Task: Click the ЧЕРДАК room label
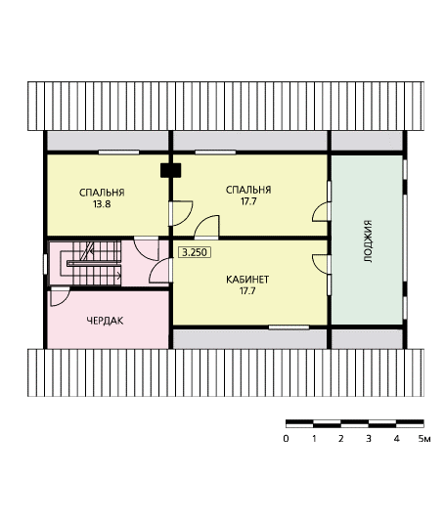tap(105, 321)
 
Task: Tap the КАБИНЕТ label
tap(247, 280)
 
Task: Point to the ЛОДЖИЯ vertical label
tap(368, 241)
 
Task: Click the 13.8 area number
tap(102, 204)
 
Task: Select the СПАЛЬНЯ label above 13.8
tap(102, 193)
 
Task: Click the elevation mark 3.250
tap(196, 252)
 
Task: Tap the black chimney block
tap(170, 170)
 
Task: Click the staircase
tap(85, 263)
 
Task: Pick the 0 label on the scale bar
tap(286, 439)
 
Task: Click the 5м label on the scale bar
tap(424, 439)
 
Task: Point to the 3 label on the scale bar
tap(369, 439)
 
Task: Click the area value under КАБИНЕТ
tap(247, 291)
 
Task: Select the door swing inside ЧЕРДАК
tap(60, 298)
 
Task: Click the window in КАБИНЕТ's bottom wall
tap(289, 327)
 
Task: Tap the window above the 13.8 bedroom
tap(118, 153)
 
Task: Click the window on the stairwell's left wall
tap(45, 265)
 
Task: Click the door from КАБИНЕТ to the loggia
tap(322, 264)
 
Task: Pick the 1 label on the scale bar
tap(314, 439)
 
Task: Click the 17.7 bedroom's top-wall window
tap(215, 153)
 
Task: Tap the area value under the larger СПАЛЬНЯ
tap(248, 201)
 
